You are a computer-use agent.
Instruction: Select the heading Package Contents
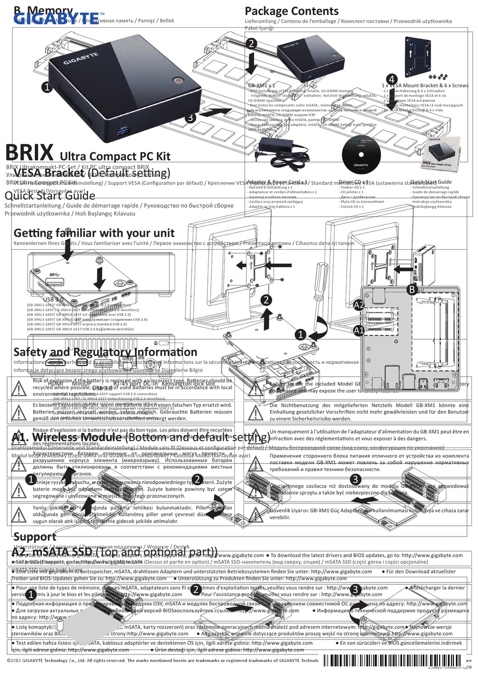click(x=291, y=11)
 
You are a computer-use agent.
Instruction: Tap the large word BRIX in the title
click(x=30, y=152)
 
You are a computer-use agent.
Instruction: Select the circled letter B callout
click(x=412, y=289)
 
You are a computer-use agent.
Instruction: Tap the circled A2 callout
click(x=359, y=305)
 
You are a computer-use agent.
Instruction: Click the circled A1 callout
click(x=359, y=331)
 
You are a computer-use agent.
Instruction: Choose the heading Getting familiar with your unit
click(x=94, y=233)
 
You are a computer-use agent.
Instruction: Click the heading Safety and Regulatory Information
click(x=105, y=352)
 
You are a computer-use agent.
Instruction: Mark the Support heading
click(x=35, y=537)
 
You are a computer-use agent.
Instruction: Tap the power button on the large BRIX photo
click(x=176, y=81)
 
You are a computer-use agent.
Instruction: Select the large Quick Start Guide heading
click(x=50, y=196)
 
